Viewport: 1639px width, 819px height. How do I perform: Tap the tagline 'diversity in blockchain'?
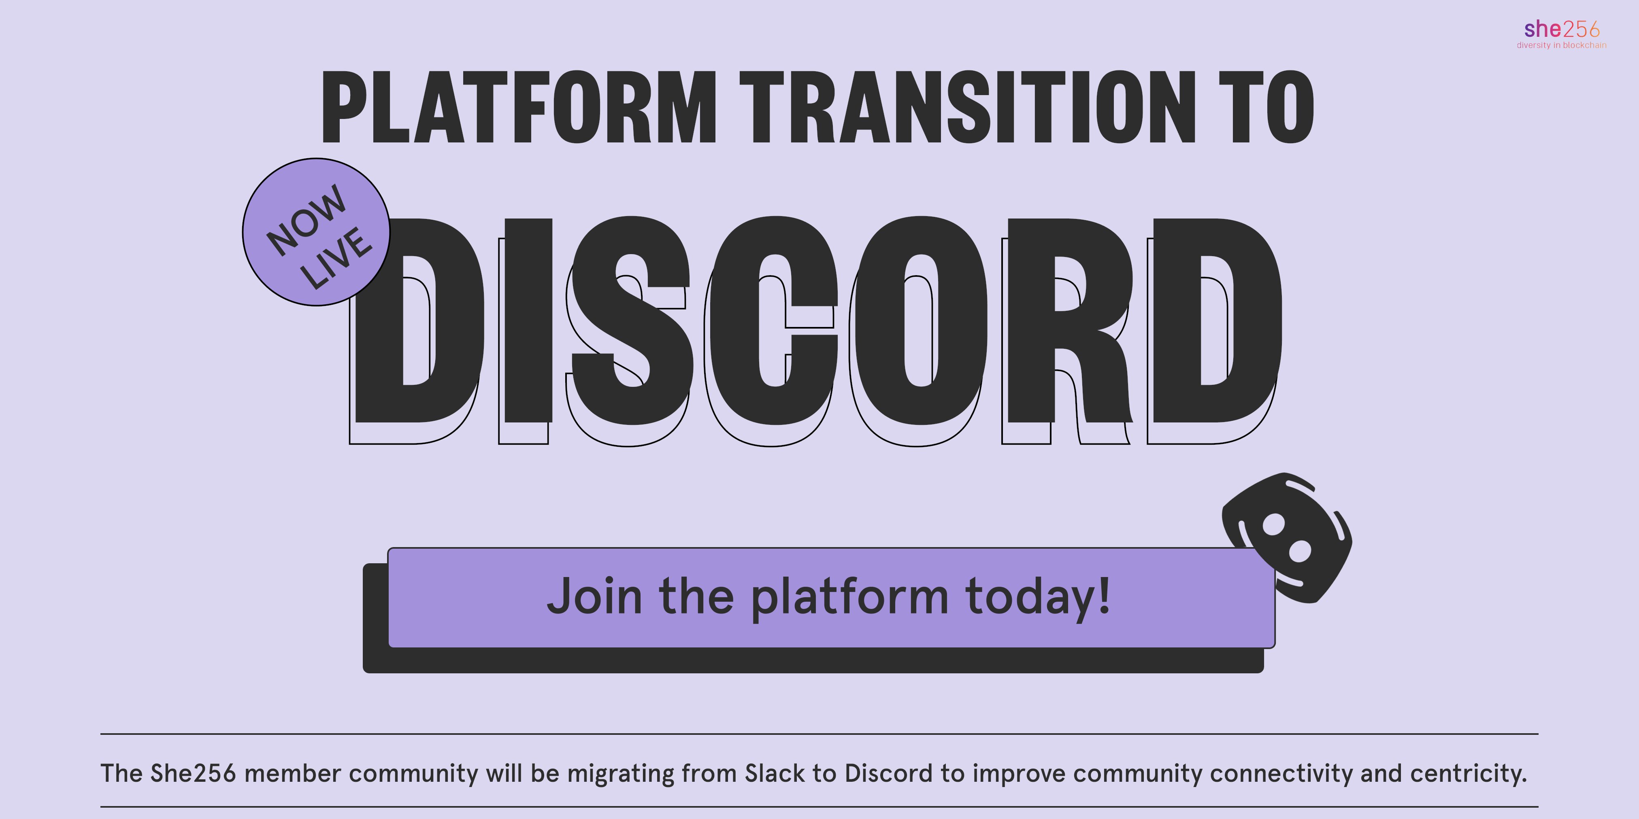click(x=1561, y=45)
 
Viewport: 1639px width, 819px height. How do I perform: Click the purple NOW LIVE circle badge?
click(x=316, y=232)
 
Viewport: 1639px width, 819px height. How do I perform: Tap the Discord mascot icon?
click(x=1286, y=538)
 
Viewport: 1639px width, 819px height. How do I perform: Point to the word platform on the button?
click(x=849, y=598)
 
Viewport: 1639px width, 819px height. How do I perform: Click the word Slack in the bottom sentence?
click(x=767, y=773)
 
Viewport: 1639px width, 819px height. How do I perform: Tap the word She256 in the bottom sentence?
click(x=193, y=773)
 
